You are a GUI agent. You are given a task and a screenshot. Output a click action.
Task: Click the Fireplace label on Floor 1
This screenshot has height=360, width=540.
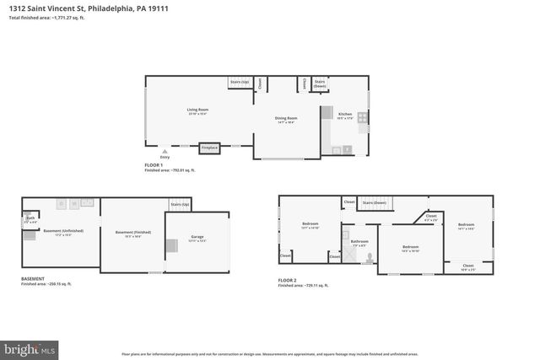tap(210, 148)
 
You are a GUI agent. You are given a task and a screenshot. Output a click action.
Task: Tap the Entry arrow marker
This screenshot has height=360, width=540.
tap(165, 152)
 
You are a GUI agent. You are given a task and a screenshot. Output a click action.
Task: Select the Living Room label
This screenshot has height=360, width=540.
tap(197, 110)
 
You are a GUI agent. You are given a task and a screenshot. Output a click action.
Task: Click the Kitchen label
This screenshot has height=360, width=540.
tap(345, 114)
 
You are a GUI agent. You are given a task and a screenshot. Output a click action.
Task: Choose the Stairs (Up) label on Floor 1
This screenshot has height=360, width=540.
tap(240, 83)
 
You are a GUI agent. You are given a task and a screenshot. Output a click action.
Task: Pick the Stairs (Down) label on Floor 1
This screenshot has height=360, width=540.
tap(320, 83)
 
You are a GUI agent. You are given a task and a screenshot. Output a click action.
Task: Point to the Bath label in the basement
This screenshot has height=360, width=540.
tap(30, 218)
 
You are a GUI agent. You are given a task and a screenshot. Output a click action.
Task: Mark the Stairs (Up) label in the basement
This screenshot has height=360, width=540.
tap(180, 205)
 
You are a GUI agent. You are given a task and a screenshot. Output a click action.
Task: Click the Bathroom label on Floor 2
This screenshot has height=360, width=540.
tap(360, 241)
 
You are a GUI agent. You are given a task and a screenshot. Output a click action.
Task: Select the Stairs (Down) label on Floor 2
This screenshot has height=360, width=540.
tap(375, 203)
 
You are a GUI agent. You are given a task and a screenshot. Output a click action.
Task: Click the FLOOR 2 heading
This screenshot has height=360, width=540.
tap(288, 280)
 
